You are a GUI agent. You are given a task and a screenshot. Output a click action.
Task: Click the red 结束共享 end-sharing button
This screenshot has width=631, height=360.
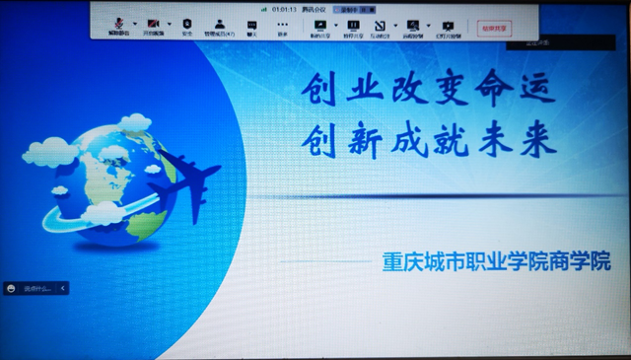click(x=494, y=28)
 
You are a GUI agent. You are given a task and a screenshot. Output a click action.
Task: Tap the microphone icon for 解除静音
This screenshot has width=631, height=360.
click(x=119, y=24)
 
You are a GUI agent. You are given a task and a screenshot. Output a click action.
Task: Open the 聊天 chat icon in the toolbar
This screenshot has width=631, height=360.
click(x=251, y=24)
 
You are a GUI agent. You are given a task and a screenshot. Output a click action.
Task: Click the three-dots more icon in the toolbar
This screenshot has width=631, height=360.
click(x=283, y=24)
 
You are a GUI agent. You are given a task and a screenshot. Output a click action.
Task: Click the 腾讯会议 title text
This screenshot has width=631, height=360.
click(x=315, y=9)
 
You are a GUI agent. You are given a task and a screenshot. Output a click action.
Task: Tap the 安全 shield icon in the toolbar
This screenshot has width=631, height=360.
click(x=187, y=24)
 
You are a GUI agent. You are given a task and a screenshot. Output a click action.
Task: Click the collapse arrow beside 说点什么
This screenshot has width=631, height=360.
click(x=63, y=288)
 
